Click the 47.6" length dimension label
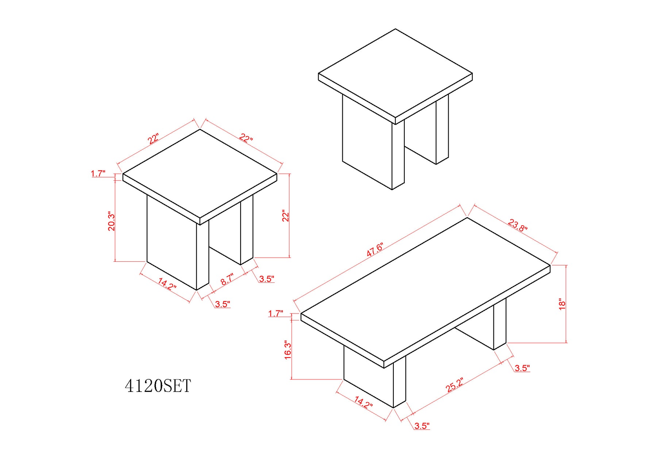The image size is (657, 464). pos(375,250)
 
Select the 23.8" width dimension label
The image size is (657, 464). pos(518,225)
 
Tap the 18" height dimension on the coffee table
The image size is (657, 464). pos(562,304)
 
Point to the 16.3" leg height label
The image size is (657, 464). pos(288,350)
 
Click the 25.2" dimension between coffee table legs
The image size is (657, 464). pos(455,385)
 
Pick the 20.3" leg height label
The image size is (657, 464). pos(111,221)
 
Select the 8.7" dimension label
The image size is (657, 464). pos(227,279)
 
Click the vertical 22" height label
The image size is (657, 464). pos(285,215)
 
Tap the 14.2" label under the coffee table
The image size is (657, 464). pos(363,403)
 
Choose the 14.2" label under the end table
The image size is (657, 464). pos(167,284)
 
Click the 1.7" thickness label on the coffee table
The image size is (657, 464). pos(276,313)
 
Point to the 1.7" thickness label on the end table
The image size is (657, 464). pos(98,173)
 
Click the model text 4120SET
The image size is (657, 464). pos(158,386)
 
